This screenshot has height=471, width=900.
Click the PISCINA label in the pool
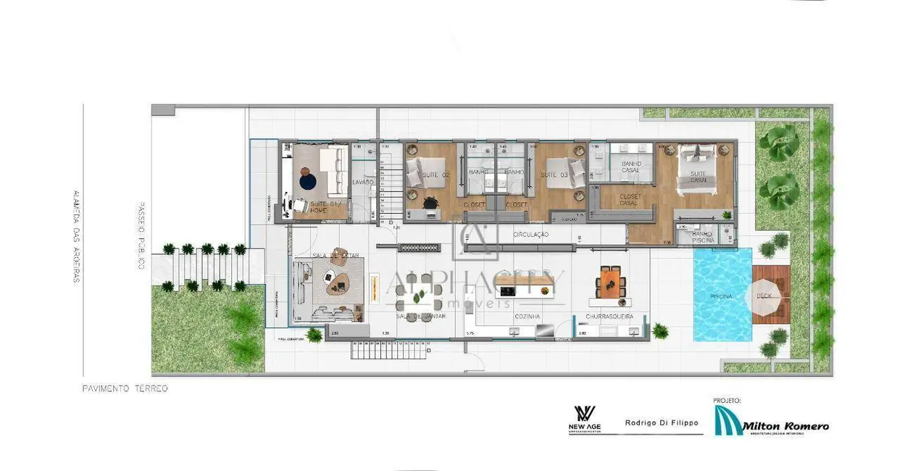721,296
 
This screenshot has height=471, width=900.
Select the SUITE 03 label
556,175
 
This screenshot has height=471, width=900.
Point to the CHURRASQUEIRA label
609,317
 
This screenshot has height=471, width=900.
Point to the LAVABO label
362,183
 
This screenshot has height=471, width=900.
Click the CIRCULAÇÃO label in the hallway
530,235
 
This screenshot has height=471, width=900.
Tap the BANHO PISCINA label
702,236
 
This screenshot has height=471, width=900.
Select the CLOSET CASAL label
629,200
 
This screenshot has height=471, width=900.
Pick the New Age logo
584,421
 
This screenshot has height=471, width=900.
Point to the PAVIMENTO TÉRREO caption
125,389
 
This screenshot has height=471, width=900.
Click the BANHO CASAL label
630,167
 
